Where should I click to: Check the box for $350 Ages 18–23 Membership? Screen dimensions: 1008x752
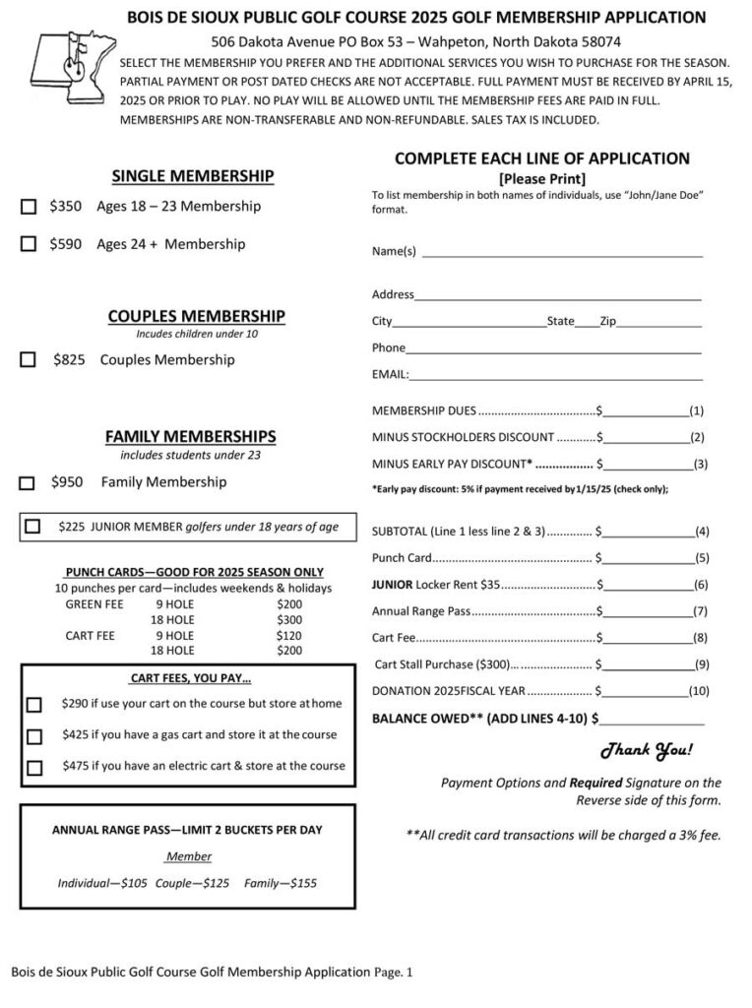point(29,207)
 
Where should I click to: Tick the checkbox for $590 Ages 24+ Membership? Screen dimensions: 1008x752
point(29,244)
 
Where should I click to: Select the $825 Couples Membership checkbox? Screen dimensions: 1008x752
point(29,360)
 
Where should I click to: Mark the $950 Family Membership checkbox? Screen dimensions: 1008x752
point(29,483)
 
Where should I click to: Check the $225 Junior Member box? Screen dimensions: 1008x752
point(33,527)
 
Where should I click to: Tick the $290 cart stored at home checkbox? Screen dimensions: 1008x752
point(34,705)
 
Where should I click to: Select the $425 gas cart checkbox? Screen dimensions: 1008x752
point(34,736)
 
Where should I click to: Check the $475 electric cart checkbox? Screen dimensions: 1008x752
point(34,767)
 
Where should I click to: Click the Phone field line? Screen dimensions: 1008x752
point(553,349)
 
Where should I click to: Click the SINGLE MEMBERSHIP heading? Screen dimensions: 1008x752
point(192,176)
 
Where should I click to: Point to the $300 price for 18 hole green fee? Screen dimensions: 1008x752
point(289,620)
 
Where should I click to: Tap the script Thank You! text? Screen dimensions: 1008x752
point(647,751)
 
